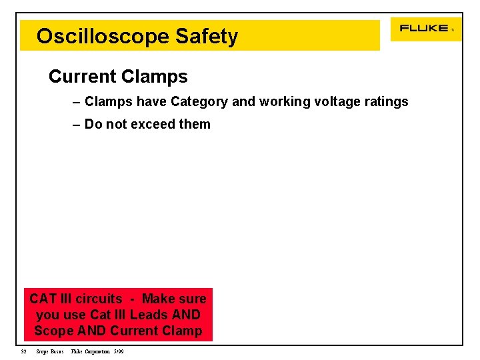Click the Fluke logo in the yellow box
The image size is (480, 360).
coord(424,28)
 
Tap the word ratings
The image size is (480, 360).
coord(384,102)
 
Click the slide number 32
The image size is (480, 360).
coord(23,351)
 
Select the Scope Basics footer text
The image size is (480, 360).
coord(50,351)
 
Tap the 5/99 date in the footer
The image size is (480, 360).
coord(119,351)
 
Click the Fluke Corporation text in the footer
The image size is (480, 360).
coord(91,351)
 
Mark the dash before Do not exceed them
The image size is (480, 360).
coord(77,125)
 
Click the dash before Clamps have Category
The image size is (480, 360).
coord(77,102)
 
